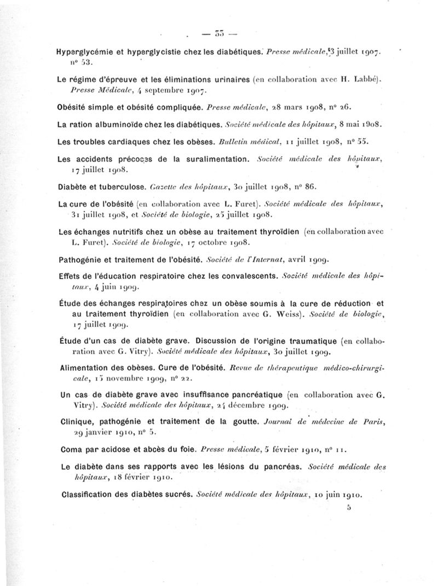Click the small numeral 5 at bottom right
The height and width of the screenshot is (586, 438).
(x=348, y=508)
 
